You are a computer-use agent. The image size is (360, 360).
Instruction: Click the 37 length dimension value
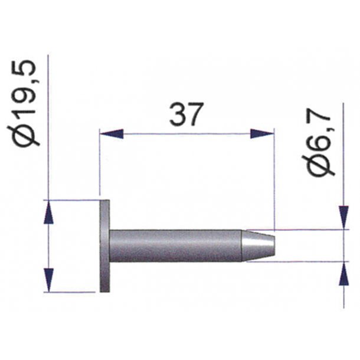(x=186, y=114)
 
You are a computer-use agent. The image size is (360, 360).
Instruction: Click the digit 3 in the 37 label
(x=177, y=114)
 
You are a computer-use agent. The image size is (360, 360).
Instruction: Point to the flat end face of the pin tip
(x=273, y=245)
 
